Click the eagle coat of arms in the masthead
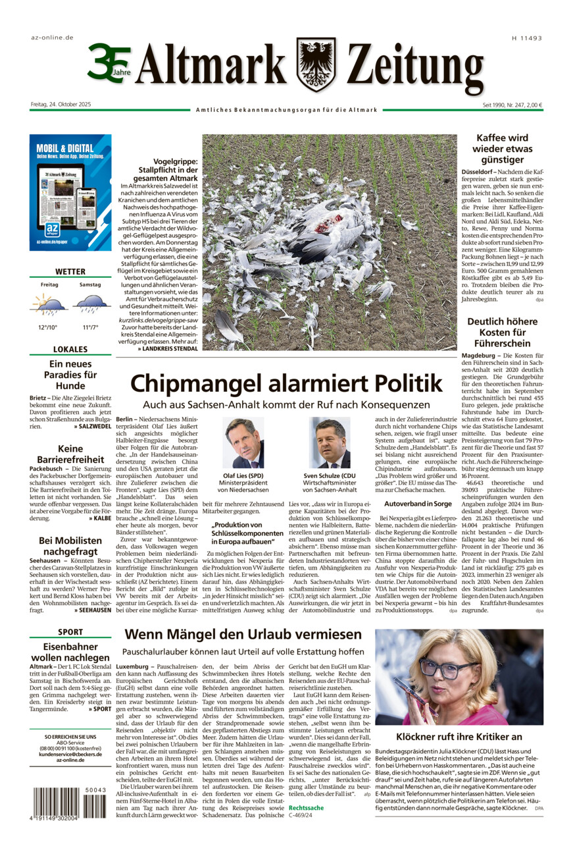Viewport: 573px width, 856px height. click(x=316, y=65)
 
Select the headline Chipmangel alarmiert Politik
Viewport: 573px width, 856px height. click(x=286, y=384)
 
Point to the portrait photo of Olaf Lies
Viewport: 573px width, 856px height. click(x=243, y=442)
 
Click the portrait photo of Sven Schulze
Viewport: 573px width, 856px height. click(x=330, y=442)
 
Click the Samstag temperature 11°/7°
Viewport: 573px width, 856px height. click(x=89, y=327)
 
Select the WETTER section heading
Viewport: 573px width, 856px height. click(x=70, y=271)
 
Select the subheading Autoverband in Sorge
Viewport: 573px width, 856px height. click(x=418, y=503)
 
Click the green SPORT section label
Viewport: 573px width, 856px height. click(x=70, y=637)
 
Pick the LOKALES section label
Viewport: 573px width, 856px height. click(x=70, y=349)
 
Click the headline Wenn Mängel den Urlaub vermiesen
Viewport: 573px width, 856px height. click(x=243, y=635)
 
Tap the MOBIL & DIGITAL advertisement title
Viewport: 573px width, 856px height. click(x=65, y=149)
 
